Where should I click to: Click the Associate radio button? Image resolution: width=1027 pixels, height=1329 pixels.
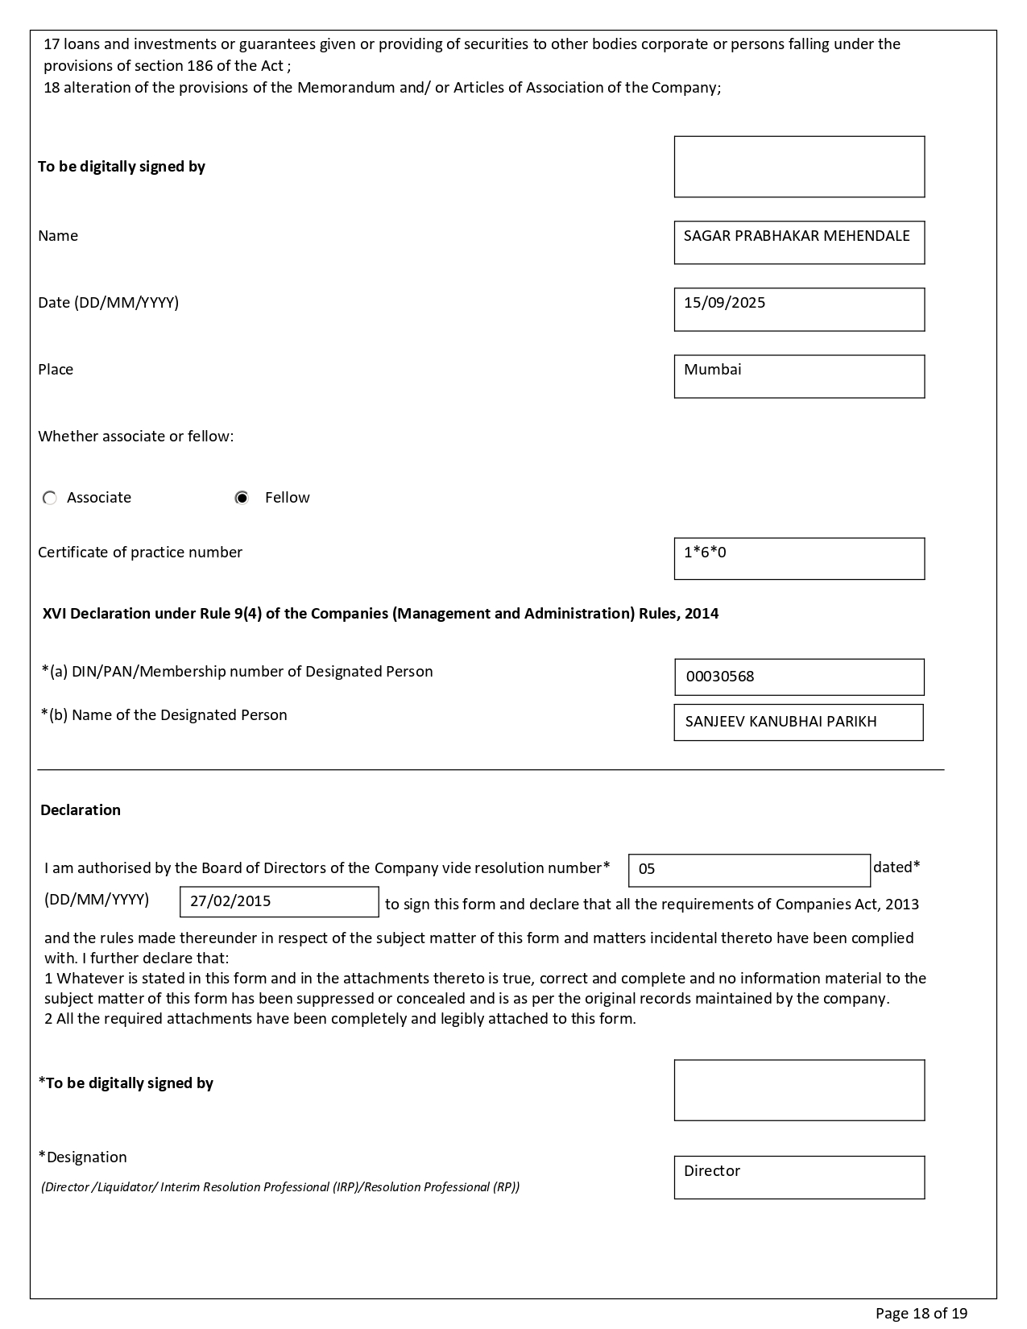coord(50,498)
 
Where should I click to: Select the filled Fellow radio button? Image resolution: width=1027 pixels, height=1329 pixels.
coord(242,498)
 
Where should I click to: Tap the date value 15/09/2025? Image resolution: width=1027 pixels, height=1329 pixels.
coord(725,303)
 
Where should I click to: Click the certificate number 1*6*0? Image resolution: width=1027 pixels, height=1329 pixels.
coord(705,553)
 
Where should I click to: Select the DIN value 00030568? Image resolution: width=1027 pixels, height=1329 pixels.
coord(720,677)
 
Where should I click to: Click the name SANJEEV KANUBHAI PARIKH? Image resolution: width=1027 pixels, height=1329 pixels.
coord(781,722)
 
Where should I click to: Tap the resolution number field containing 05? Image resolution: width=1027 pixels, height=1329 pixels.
coord(748,870)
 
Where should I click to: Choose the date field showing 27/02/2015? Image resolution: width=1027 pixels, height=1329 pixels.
coord(279,901)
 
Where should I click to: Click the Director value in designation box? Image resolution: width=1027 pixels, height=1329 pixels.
coord(712,1171)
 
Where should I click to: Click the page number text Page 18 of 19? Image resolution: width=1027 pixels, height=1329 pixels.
coord(921,1314)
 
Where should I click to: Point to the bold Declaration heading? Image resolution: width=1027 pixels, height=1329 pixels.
coord(81,810)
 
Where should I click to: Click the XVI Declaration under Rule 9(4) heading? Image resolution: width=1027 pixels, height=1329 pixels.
coord(380,614)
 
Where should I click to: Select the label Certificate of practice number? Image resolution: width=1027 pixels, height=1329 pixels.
coord(140,553)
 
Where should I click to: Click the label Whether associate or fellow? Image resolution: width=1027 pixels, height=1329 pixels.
coord(135,437)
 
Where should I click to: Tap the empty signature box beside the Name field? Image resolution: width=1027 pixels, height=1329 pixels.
coord(799,167)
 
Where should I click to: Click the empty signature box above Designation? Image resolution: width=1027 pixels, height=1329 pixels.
coord(799,1090)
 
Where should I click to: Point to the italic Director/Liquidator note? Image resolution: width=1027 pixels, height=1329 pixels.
coord(280,1187)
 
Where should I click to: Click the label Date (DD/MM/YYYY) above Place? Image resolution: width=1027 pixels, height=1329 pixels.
coord(109,303)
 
